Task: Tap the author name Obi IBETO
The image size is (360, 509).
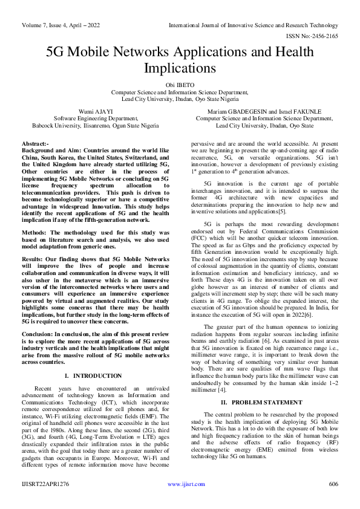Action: click(x=180, y=85)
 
